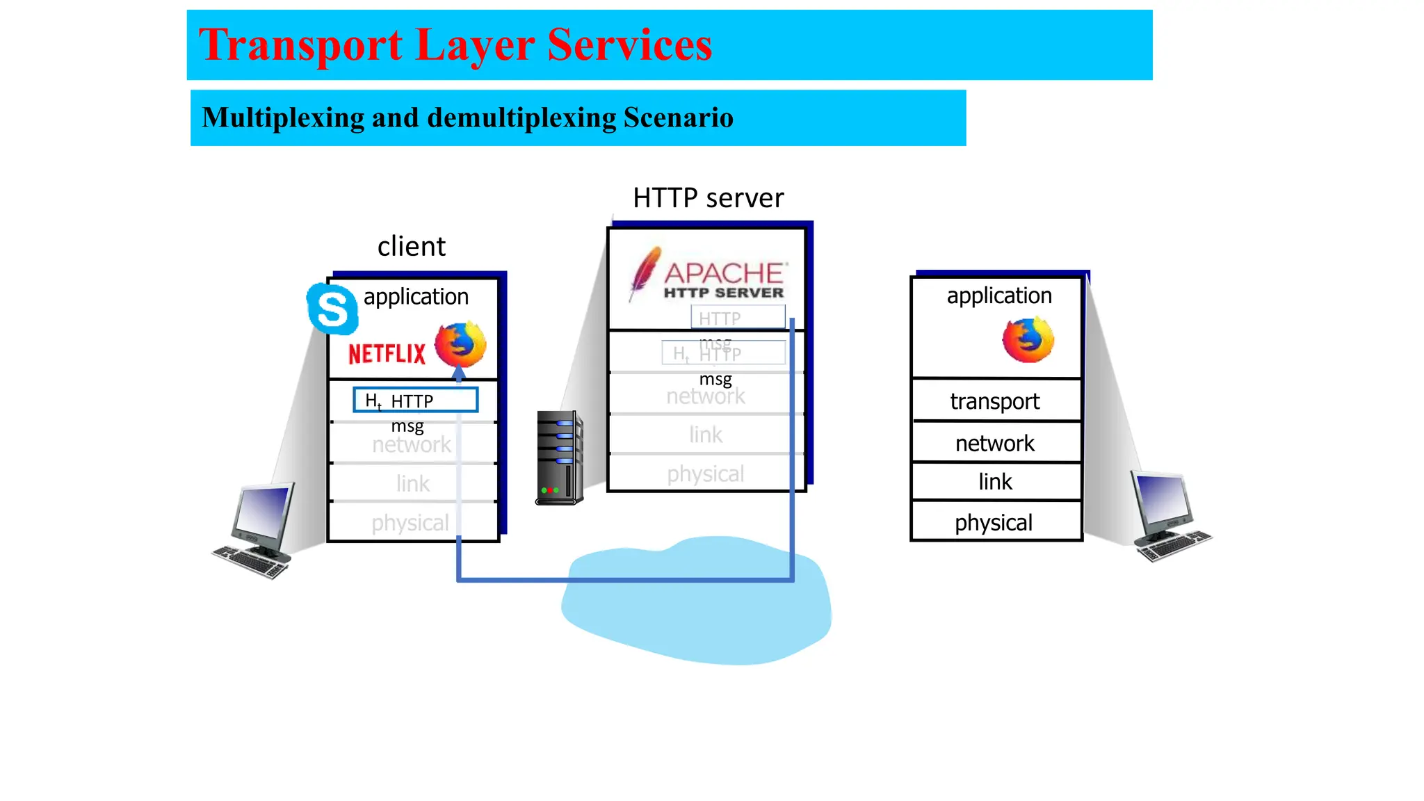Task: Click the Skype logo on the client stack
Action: tap(332, 309)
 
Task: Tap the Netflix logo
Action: tap(387, 354)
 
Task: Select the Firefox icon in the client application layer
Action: tap(460, 344)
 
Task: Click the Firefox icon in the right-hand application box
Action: tap(1028, 339)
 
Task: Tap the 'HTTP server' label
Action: tap(708, 198)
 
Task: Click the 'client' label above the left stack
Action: tap(411, 247)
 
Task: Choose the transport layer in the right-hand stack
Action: tap(995, 401)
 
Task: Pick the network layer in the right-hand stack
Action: tap(995, 443)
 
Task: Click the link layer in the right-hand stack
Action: tap(995, 482)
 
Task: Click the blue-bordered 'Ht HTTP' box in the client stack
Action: tap(415, 400)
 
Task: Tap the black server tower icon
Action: tap(559, 458)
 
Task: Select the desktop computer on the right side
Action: tap(1169, 515)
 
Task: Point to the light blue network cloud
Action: tap(695, 612)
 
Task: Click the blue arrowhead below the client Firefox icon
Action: tap(459, 374)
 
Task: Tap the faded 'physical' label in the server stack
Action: tap(705, 474)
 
